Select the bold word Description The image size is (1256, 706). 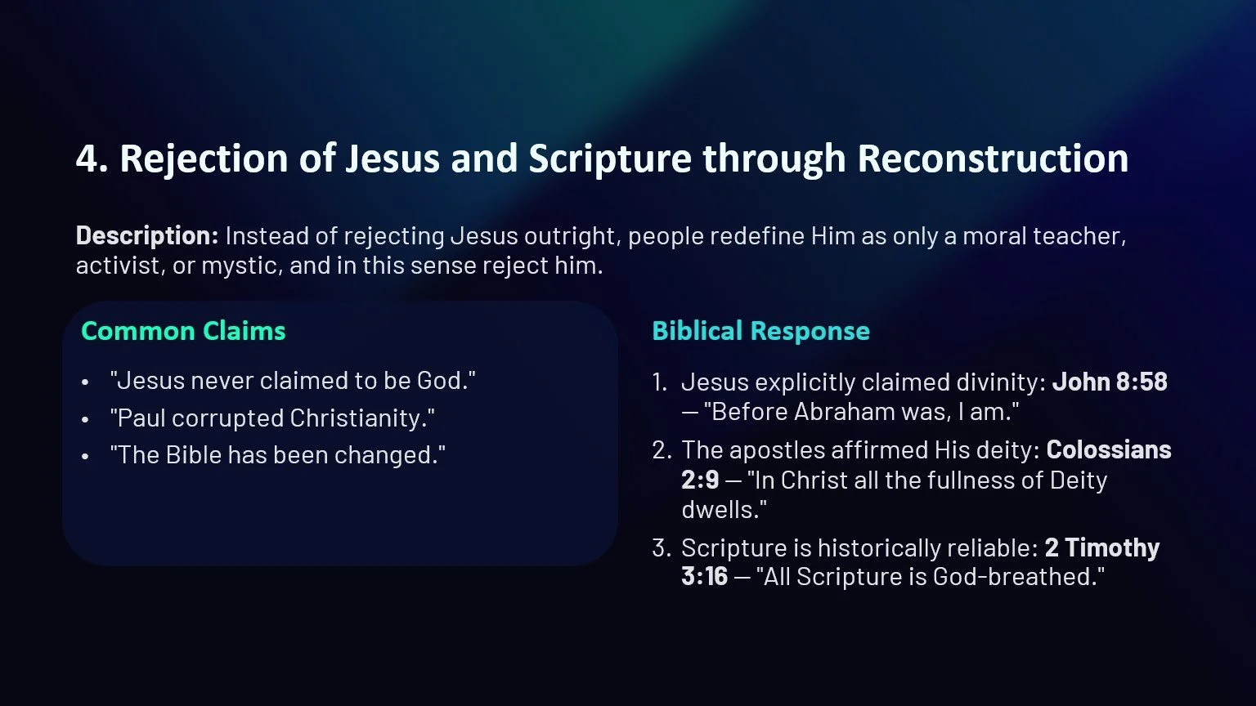click(146, 236)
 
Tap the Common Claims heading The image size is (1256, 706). click(183, 331)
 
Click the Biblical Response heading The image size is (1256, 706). click(760, 331)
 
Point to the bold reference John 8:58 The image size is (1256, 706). click(1110, 382)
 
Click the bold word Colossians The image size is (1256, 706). click(1109, 449)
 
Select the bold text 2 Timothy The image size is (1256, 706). click(1102, 547)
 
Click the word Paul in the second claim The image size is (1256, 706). click(141, 418)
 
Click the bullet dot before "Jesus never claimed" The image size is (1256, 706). click(86, 382)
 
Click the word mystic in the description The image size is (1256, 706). click(236, 266)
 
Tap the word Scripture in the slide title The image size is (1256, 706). click(610, 159)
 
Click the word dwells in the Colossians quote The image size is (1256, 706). click(721, 509)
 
